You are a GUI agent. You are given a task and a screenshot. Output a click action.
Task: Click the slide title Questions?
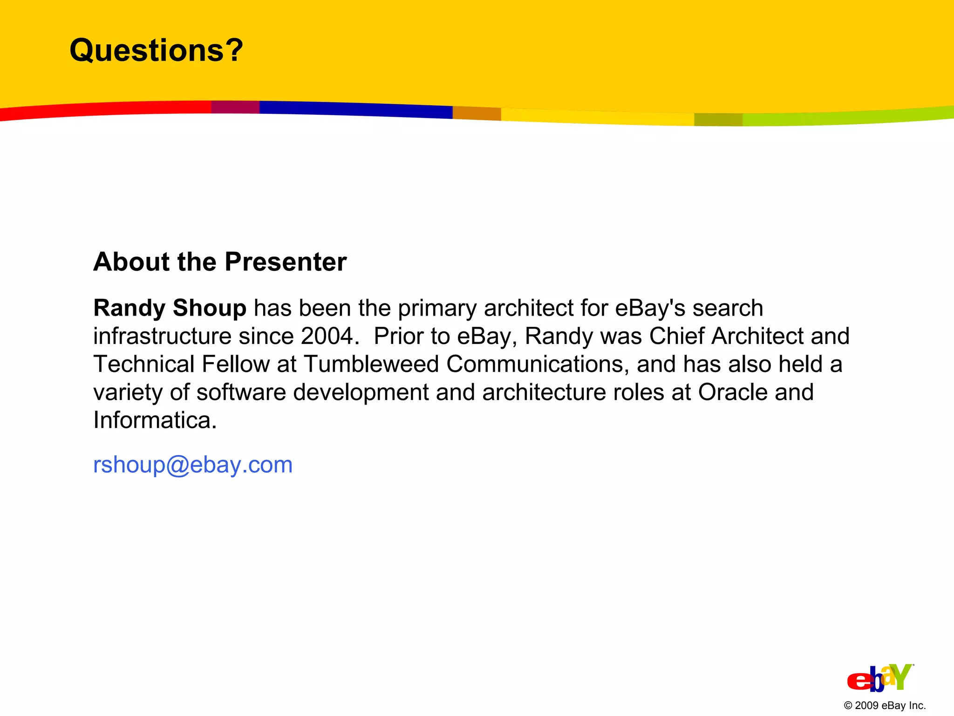point(156,50)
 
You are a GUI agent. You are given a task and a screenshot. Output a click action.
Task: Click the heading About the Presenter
point(220,262)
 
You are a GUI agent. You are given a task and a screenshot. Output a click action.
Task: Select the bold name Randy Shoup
point(170,308)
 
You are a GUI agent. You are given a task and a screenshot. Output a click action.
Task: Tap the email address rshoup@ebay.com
point(193,465)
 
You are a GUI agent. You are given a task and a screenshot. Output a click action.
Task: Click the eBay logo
point(880,678)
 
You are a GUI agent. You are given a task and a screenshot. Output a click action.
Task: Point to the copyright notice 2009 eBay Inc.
point(885,706)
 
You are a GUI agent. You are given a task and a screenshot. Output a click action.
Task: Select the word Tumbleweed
point(371,364)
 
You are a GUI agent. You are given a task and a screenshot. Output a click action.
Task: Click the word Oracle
point(732,392)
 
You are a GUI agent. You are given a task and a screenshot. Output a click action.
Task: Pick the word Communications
point(534,364)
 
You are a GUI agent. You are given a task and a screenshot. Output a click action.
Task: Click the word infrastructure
point(162,336)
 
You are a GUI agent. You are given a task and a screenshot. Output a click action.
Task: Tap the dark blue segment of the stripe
point(354,109)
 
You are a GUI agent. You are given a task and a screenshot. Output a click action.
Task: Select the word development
point(361,392)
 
